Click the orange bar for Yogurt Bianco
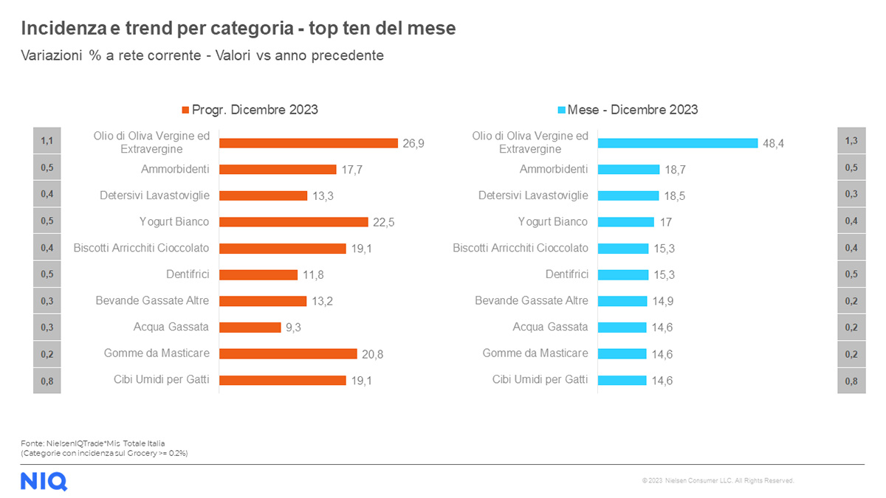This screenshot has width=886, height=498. coord(293,221)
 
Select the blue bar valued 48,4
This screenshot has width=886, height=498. coord(677,142)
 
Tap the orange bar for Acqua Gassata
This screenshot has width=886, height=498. coord(250,327)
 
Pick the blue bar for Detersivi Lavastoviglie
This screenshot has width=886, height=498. coord(628,196)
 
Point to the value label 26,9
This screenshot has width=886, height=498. coord(413,143)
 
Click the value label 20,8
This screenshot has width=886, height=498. coord(372,354)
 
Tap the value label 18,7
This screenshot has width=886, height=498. coord(675,170)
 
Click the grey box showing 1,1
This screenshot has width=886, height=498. coord(47,140)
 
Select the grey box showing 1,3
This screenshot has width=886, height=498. coord(851,140)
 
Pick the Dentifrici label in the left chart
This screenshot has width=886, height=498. coord(188,274)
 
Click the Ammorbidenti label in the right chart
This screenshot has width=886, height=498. coord(554,169)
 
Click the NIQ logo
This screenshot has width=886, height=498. coord(44,481)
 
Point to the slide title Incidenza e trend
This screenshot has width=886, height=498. coord(238,29)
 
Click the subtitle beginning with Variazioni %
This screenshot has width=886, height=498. coord(202,55)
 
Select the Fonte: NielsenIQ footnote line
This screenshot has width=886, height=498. coord(92,443)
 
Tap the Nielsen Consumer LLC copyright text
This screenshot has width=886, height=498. coord(718,481)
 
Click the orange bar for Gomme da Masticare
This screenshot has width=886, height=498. coord(288,353)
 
